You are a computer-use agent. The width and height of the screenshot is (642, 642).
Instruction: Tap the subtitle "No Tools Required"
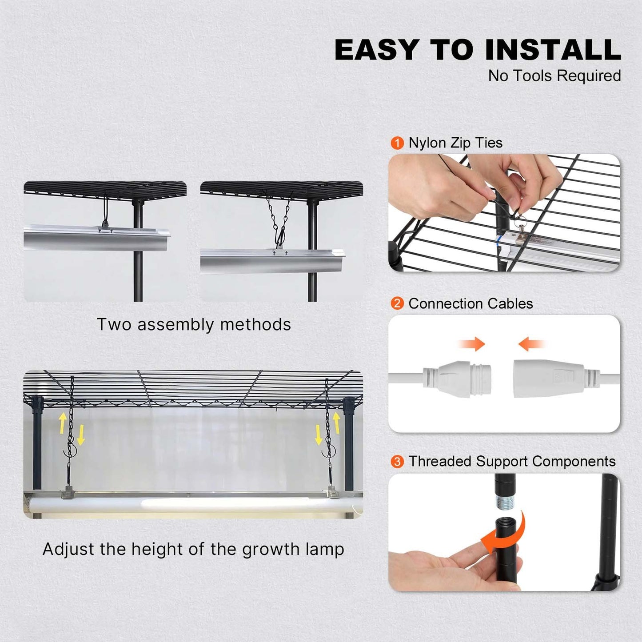click(554, 76)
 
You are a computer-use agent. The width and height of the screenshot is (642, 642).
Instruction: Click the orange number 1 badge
click(397, 143)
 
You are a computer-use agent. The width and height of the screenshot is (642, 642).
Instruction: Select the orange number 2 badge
click(397, 303)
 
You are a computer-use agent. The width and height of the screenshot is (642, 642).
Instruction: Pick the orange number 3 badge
click(397, 462)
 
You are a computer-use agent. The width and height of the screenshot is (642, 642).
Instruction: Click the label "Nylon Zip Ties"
click(455, 143)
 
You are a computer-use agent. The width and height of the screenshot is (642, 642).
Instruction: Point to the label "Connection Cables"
click(471, 303)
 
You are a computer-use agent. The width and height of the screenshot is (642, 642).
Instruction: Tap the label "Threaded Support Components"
click(512, 462)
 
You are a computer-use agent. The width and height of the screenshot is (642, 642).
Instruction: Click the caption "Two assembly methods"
click(194, 324)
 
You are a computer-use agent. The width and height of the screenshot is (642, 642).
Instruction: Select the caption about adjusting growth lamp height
click(193, 549)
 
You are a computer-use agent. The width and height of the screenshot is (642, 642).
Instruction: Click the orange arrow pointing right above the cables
click(472, 343)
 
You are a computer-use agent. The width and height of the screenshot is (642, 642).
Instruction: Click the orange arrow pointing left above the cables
click(531, 343)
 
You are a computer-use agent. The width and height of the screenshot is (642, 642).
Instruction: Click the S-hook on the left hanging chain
click(70, 451)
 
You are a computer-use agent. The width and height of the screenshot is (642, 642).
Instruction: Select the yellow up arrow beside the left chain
click(63, 422)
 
